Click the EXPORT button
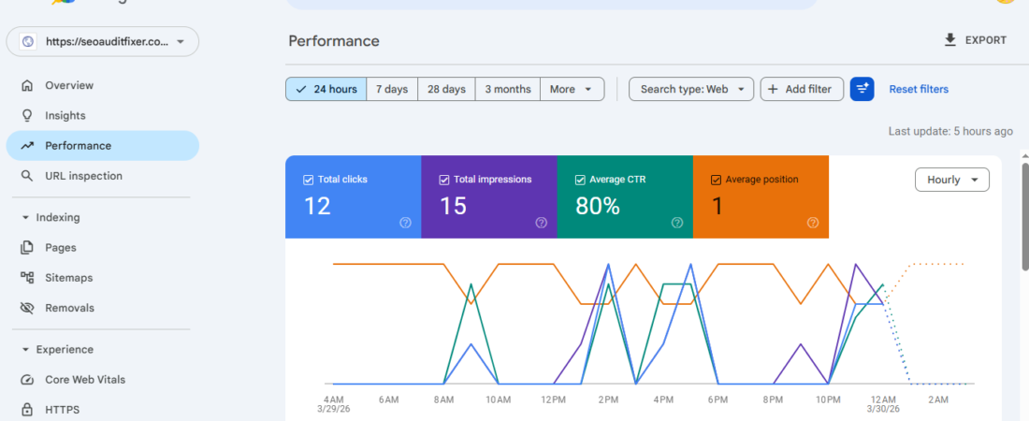tap(976, 40)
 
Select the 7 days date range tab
tap(392, 89)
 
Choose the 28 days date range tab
tap(446, 89)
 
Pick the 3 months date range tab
tap(507, 89)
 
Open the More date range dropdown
tap(572, 89)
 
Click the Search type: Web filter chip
tap(691, 89)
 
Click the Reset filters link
tap(919, 89)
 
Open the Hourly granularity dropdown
tap(951, 180)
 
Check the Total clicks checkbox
tap(309, 180)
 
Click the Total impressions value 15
tap(453, 206)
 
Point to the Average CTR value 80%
tap(598, 206)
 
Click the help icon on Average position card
tap(813, 223)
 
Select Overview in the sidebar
tap(69, 85)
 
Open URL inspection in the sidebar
tap(83, 176)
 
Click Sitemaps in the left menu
tap(69, 278)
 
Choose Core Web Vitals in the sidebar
tap(85, 380)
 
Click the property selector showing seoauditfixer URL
tap(103, 41)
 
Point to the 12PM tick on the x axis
tap(553, 399)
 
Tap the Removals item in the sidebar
tap(69, 308)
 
